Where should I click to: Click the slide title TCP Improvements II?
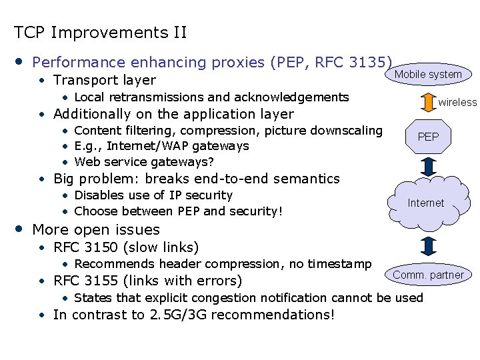click(101, 32)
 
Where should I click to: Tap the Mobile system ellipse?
click(428, 74)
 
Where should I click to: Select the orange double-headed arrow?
click(427, 102)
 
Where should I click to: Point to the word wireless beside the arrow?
click(457, 102)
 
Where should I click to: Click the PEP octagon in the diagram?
click(427, 137)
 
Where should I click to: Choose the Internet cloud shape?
click(426, 202)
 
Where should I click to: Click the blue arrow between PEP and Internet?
click(427, 165)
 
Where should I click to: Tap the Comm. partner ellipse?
click(428, 275)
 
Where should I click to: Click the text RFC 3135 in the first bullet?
click(353, 63)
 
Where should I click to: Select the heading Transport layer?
click(105, 80)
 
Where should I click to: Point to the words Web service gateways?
click(144, 162)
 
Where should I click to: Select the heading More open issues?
click(96, 229)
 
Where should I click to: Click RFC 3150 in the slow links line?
click(85, 248)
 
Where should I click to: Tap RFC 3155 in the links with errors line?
click(85, 281)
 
